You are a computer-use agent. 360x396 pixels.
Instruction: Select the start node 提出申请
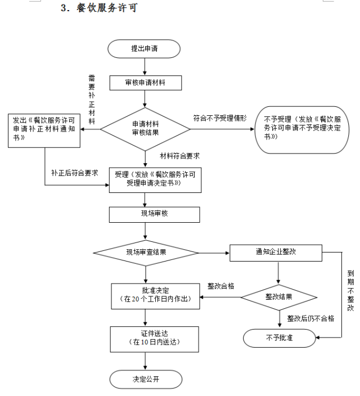tap(145, 48)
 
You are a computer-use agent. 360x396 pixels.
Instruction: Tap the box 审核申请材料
tap(145, 83)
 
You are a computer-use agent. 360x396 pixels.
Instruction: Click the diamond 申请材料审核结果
tap(145, 128)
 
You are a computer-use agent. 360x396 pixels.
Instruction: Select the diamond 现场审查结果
tap(146, 252)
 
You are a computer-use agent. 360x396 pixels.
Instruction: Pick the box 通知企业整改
tap(276, 252)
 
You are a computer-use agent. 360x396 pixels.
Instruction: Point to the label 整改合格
tap(221, 286)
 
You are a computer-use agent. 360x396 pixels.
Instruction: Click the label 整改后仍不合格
tap(310, 318)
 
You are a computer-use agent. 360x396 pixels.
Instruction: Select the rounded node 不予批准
tap(278, 337)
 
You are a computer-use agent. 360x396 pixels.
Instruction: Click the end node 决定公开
tap(145, 378)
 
